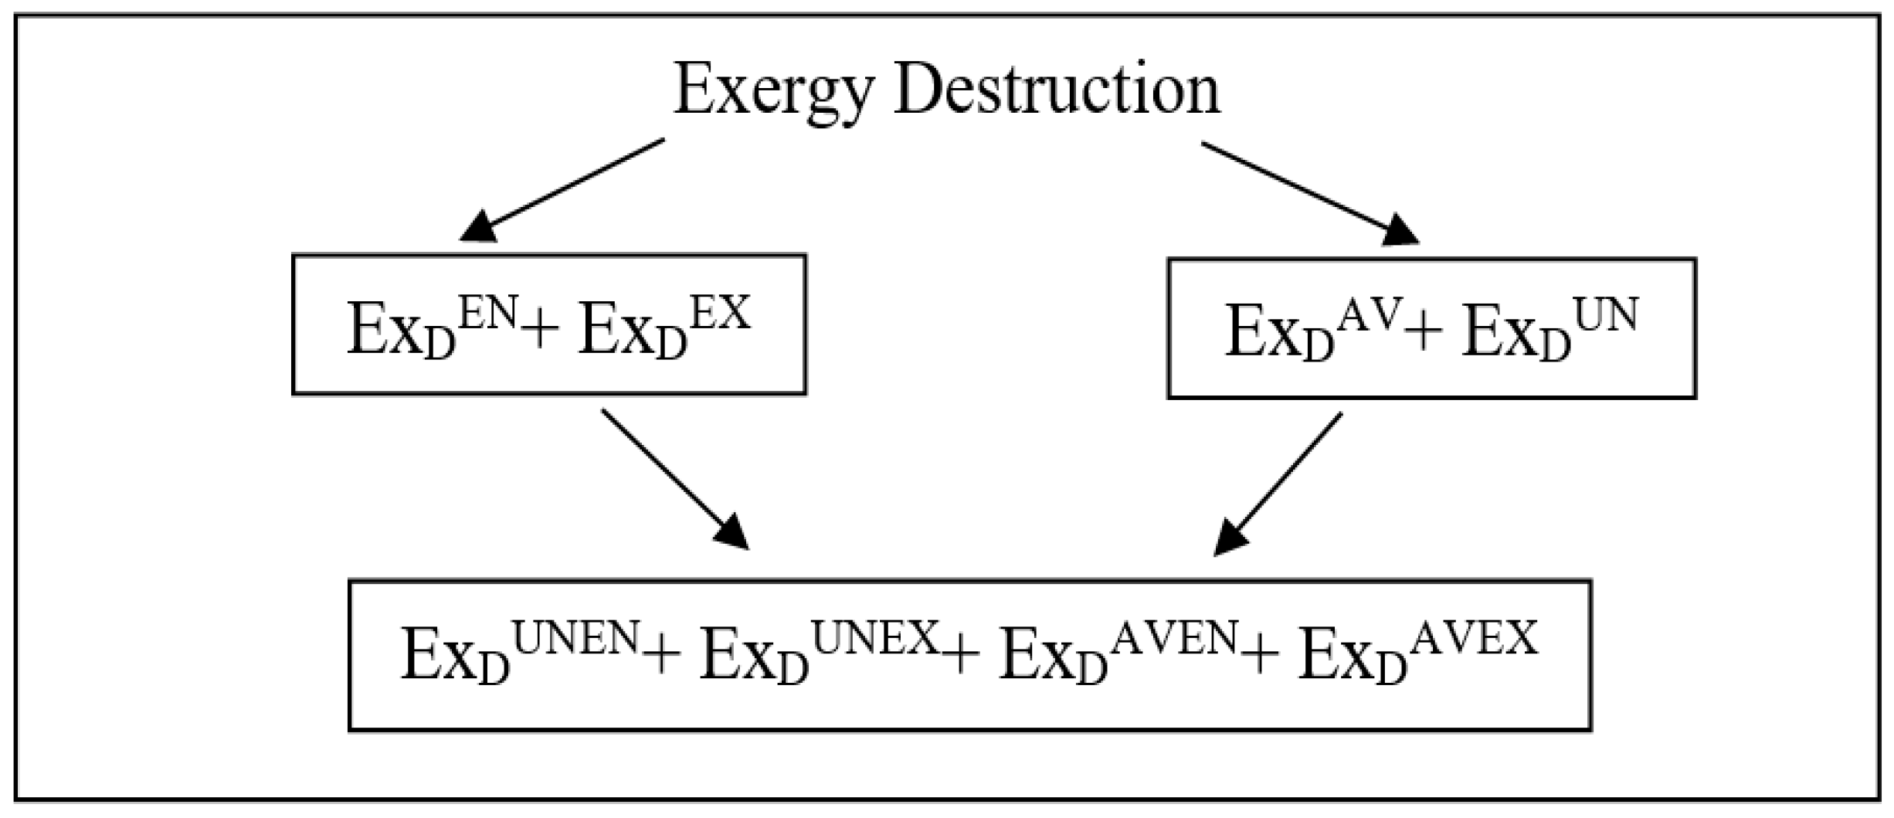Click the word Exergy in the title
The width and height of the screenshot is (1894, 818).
point(773,91)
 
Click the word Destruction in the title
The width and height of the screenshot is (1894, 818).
point(1056,91)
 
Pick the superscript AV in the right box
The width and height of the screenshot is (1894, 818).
point(1366,317)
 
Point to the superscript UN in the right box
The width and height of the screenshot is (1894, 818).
point(1605,317)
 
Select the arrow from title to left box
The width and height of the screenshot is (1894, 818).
point(562,189)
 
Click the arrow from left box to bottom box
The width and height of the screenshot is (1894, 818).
point(674,479)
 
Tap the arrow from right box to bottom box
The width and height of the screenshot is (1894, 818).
point(1279,483)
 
